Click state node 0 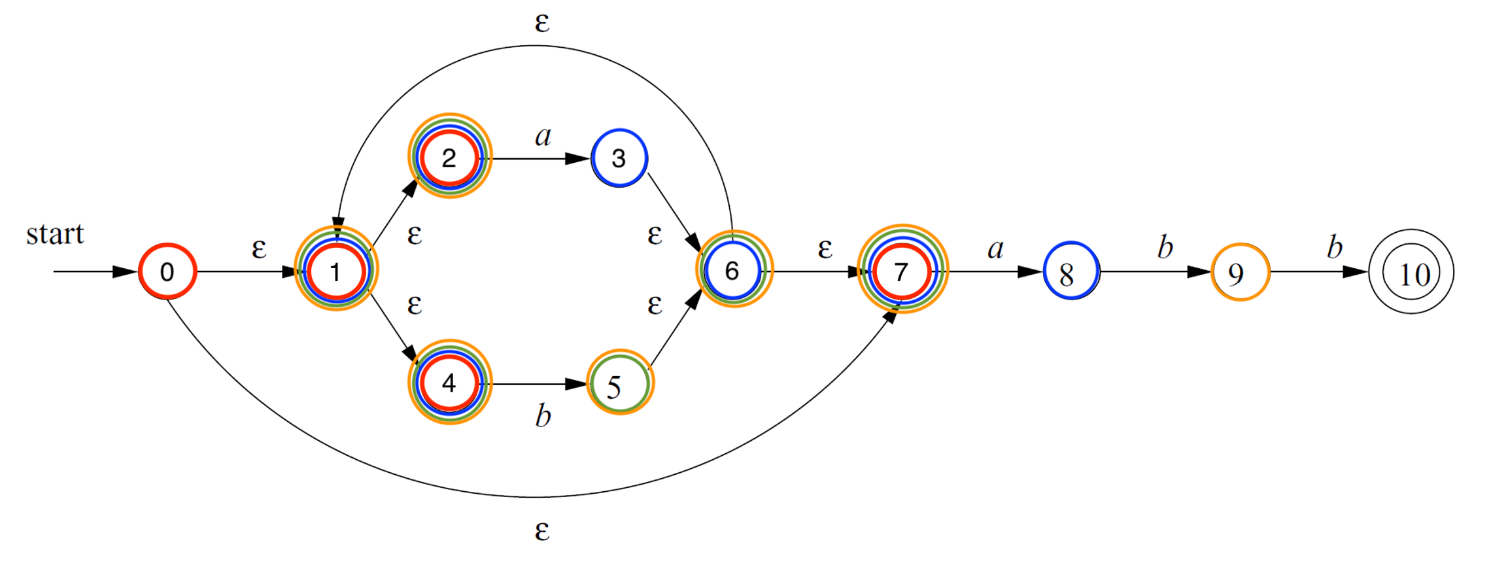click(167, 271)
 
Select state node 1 click(336, 269)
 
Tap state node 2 click(450, 156)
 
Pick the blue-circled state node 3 click(619, 158)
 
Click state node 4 click(449, 383)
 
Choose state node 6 click(734, 269)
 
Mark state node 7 click(902, 269)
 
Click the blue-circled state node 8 click(1071, 271)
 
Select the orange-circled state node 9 click(1240, 272)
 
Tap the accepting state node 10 click(1411, 271)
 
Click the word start click(55, 233)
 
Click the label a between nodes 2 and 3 click(543, 135)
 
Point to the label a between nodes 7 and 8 click(995, 248)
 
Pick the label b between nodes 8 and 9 click(1165, 246)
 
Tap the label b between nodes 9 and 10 click(1335, 246)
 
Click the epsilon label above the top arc click(542, 23)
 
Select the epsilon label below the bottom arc click(542, 531)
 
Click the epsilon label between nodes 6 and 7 click(825, 249)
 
